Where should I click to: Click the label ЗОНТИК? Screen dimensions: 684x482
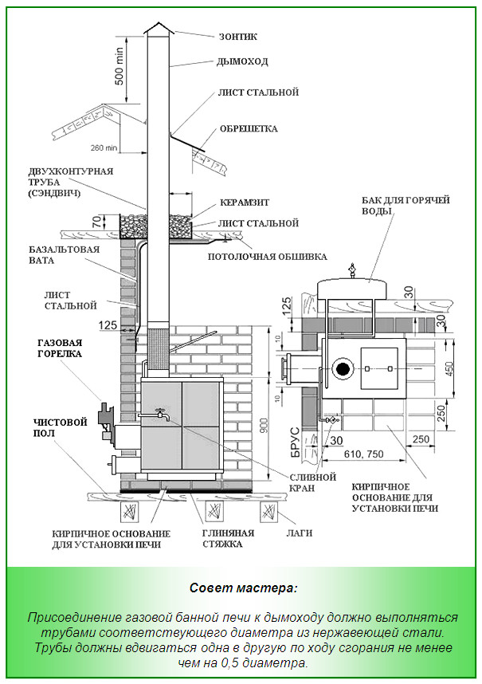(x=238, y=37)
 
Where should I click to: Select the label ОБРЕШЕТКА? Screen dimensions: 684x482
(x=248, y=128)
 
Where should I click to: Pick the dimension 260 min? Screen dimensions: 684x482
(x=104, y=147)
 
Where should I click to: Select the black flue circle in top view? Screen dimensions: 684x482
(x=343, y=369)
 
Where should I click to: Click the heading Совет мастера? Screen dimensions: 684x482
(x=243, y=588)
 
